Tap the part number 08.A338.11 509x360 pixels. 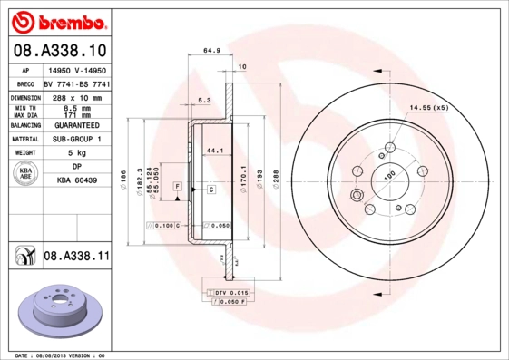tap(76, 258)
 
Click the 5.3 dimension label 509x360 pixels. tap(204, 101)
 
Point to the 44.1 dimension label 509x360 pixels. tap(216, 150)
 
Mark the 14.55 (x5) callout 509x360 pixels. tap(428, 108)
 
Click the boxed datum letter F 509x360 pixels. tap(178, 185)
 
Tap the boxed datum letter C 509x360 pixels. tap(210, 190)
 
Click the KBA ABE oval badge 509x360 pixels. tap(26, 174)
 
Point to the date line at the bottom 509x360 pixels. tap(62, 355)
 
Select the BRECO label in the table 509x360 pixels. tap(24, 83)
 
